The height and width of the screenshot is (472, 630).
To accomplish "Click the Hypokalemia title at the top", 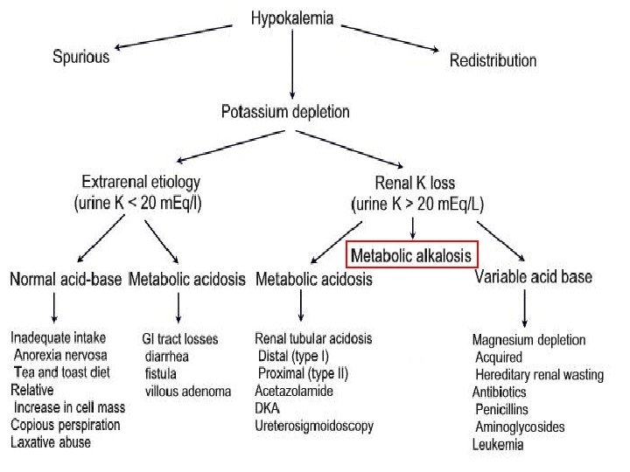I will [291, 17].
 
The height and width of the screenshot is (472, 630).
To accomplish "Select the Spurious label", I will [81, 57].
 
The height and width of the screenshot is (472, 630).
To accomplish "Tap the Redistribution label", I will [493, 60].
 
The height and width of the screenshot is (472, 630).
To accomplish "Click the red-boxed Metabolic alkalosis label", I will [411, 256].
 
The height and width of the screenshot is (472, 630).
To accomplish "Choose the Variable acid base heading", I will [533, 277].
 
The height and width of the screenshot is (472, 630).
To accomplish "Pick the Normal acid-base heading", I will [66, 280].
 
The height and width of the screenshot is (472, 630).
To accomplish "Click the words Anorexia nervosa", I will [60, 356].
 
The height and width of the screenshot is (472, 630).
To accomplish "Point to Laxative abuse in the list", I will [50, 442].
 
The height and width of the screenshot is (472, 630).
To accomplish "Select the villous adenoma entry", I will [188, 391].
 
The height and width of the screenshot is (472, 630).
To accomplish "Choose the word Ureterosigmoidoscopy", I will [314, 426].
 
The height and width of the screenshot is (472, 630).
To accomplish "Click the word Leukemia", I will [498, 445].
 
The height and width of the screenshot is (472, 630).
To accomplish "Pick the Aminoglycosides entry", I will [520, 427].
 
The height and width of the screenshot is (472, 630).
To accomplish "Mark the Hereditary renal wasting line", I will [539, 375].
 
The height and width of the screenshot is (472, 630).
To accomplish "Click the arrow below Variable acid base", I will [524, 309].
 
